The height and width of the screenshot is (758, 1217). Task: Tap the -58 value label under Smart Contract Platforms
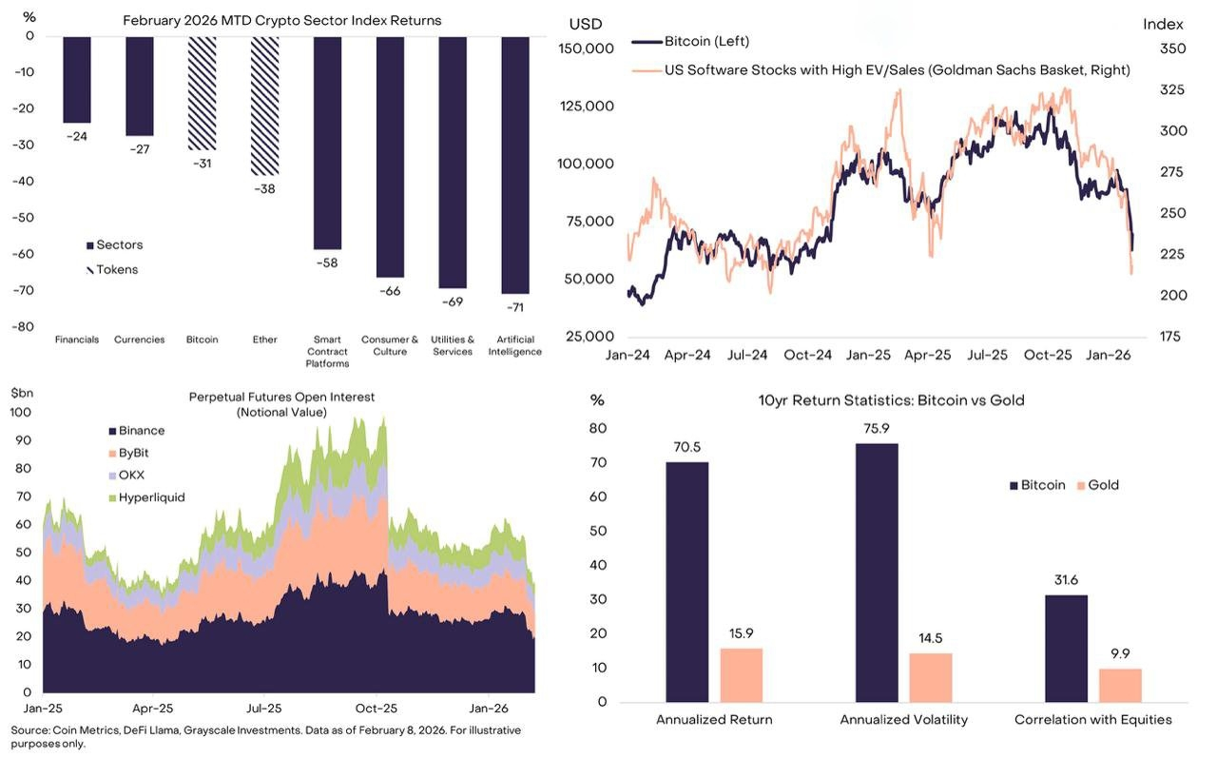[x=327, y=262]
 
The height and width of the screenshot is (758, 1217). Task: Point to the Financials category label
[x=77, y=340]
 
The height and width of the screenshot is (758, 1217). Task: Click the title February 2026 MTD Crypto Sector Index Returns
[x=282, y=20]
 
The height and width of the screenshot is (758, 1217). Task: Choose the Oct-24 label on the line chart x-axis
[x=808, y=355]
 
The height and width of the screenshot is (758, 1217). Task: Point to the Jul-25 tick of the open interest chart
[x=264, y=709]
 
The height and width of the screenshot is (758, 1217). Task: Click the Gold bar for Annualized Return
[x=742, y=674]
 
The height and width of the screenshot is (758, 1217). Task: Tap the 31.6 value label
[x=1067, y=581]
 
